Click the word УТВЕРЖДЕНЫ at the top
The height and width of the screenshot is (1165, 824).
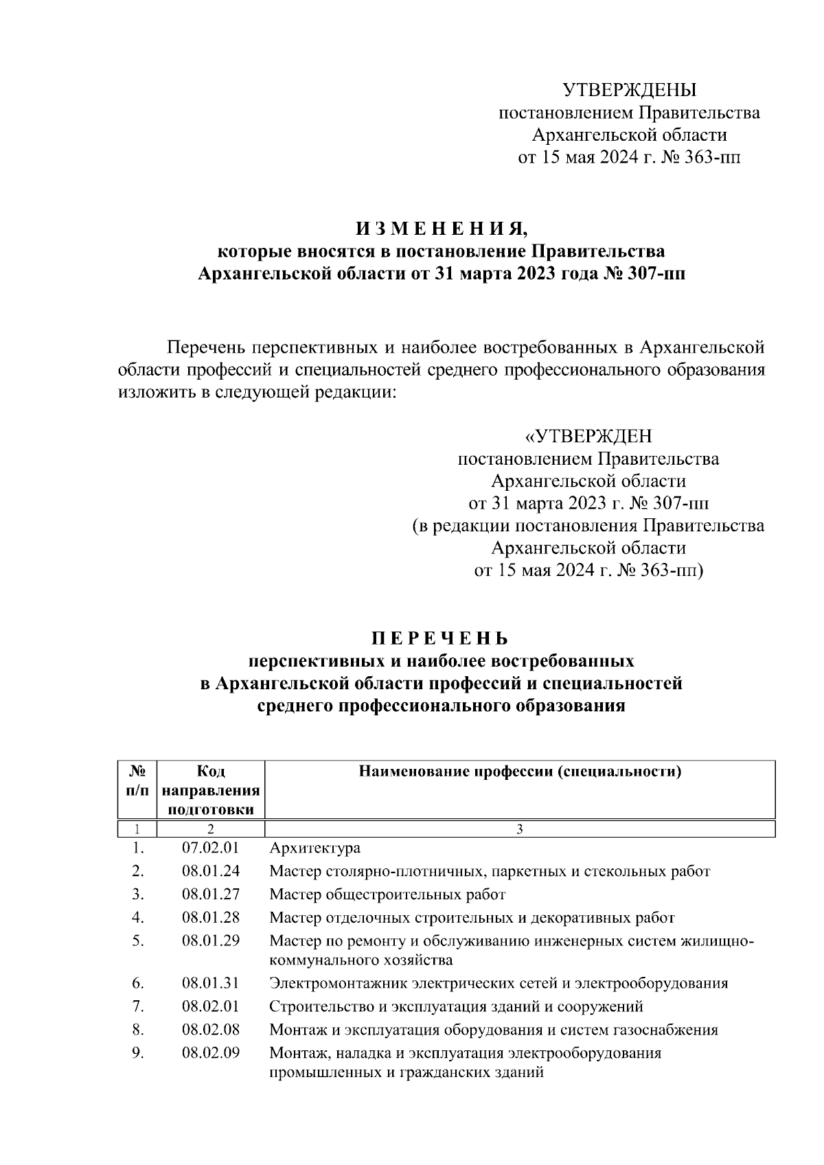tap(629, 90)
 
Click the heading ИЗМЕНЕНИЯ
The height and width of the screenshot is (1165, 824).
tap(441, 229)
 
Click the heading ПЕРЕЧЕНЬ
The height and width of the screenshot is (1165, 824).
tap(440, 638)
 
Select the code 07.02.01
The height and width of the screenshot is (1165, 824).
tap(210, 848)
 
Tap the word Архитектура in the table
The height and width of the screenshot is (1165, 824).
tap(314, 848)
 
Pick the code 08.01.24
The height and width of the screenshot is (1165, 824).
tap(210, 871)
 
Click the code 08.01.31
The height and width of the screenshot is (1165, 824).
tap(210, 983)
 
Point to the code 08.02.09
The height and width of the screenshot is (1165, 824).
tap(210, 1052)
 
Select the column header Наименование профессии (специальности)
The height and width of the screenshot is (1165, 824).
tap(520, 771)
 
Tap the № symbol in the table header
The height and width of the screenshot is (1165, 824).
tap(137, 771)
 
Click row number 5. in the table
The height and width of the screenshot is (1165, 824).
tap(138, 941)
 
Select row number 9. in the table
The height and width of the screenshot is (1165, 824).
tap(138, 1052)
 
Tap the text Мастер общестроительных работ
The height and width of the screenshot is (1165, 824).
tap(387, 895)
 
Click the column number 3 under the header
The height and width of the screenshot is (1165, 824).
tap(520, 829)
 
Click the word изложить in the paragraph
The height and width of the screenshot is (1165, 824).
tap(151, 393)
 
